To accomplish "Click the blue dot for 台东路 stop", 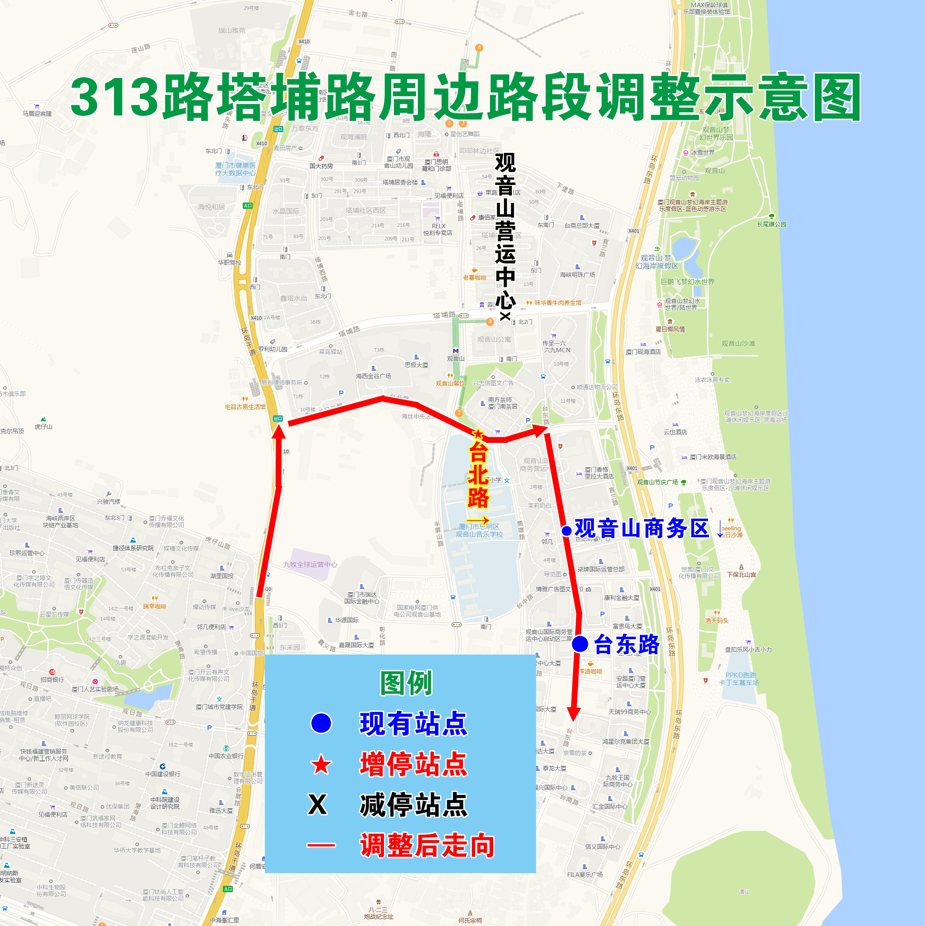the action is [x=580, y=644].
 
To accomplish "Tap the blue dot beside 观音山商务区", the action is [x=566, y=530].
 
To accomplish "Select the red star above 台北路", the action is [x=478, y=434].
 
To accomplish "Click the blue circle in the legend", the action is [x=321, y=723].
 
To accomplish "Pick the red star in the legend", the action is [x=321, y=765].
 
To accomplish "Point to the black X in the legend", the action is [x=318, y=805].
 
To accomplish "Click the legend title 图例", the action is [x=406, y=683].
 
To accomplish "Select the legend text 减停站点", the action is [x=413, y=805].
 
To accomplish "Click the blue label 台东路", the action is [x=627, y=644].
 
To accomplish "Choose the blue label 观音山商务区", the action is [x=642, y=529].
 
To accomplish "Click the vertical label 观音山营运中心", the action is [x=505, y=230].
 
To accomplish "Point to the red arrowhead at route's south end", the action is [x=573, y=714].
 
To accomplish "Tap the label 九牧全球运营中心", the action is [x=310, y=565].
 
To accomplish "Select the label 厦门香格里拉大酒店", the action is [x=599, y=473].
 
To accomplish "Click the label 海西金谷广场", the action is [x=373, y=376].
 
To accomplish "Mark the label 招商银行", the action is [x=52, y=680].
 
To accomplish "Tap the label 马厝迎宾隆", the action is [x=37, y=114].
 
